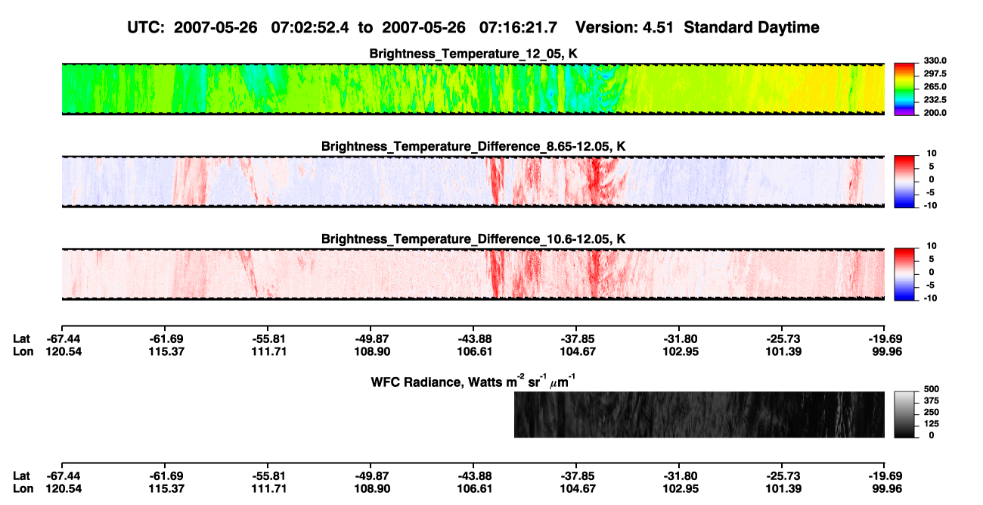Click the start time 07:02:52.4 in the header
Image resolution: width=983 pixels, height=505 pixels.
coord(310,28)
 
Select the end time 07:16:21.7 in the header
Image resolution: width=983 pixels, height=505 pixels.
coord(518,28)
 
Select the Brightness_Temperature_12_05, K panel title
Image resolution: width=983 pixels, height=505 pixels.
coord(473,54)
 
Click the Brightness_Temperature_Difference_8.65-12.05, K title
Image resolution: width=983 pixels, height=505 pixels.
coord(473,146)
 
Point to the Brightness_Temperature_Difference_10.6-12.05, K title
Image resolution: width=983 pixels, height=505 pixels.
coord(473,239)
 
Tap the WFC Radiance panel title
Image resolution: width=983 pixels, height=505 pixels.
coord(473,382)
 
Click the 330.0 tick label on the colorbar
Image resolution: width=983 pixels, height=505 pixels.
coord(935,61)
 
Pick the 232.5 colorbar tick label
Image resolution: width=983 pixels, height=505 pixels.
coord(935,100)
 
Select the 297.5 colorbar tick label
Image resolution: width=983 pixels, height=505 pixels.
coord(935,73)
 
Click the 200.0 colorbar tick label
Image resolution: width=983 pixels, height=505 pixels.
coord(935,113)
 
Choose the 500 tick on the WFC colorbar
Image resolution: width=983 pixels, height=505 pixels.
coord(932,389)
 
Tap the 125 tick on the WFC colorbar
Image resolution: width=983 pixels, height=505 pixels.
coord(932,424)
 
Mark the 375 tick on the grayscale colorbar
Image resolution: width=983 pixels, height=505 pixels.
coord(932,401)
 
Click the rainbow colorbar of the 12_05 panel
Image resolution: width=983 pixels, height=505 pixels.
coord(904,89)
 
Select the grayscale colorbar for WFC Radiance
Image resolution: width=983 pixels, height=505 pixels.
coord(904,414)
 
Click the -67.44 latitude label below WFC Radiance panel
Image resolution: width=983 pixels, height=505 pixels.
coord(64,476)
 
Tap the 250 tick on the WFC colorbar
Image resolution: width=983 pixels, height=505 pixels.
coord(932,413)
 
